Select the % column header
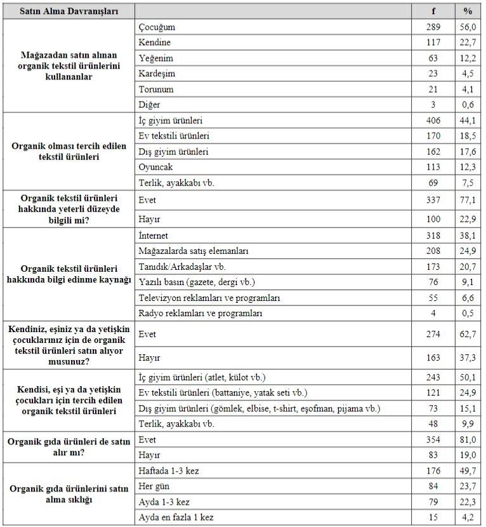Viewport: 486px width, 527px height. (x=468, y=11)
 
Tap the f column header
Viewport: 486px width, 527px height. (x=433, y=11)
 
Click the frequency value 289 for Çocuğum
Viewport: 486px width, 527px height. (x=433, y=27)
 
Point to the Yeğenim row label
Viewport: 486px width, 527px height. (x=155, y=58)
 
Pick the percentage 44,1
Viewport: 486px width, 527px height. (x=468, y=121)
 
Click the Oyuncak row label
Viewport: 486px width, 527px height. (x=155, y=167)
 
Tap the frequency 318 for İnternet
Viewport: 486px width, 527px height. (x=433, y=235)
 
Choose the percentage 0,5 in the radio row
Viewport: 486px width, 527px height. (x=468, y=313)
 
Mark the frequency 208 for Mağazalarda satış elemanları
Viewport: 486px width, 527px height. (x=433, y=251)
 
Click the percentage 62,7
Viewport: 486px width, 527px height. (x=468, y=333)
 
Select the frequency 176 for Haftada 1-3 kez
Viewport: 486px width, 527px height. (x=433, y=471)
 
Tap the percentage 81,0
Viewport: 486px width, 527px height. (x=468, y=439)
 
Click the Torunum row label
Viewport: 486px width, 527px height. (x=155, y=90)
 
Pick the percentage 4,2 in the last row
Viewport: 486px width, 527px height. (x=468, y=517)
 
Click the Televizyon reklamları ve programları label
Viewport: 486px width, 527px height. (x=209, y=297)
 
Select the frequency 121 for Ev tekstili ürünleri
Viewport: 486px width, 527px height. (x=433, y=393)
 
